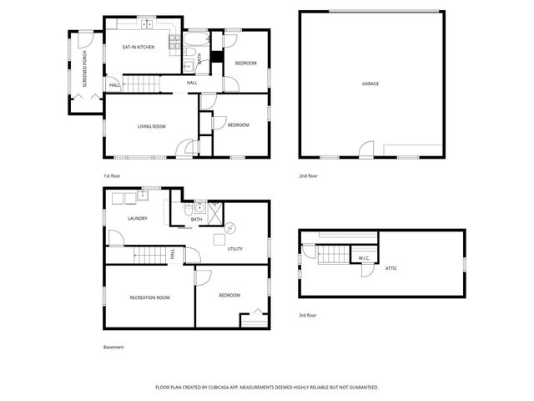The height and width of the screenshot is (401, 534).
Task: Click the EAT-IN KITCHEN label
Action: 139,48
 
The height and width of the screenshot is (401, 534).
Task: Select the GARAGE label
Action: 370,84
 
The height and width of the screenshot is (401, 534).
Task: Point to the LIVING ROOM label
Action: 151,126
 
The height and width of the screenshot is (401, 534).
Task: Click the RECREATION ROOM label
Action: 149,297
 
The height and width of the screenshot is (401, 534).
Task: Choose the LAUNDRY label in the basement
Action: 137,219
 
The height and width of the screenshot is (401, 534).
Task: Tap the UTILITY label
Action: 234,249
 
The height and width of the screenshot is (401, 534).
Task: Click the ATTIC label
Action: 391,267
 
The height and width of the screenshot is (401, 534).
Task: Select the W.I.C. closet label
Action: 364,258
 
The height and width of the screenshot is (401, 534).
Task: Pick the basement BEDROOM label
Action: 229,295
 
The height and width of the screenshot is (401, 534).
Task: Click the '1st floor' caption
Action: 112,176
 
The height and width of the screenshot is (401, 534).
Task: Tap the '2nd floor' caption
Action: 308,176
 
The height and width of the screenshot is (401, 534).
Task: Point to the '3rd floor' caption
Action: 308,316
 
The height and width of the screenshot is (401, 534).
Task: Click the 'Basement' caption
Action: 113,348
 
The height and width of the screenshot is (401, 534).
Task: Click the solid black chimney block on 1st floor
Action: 216,57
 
